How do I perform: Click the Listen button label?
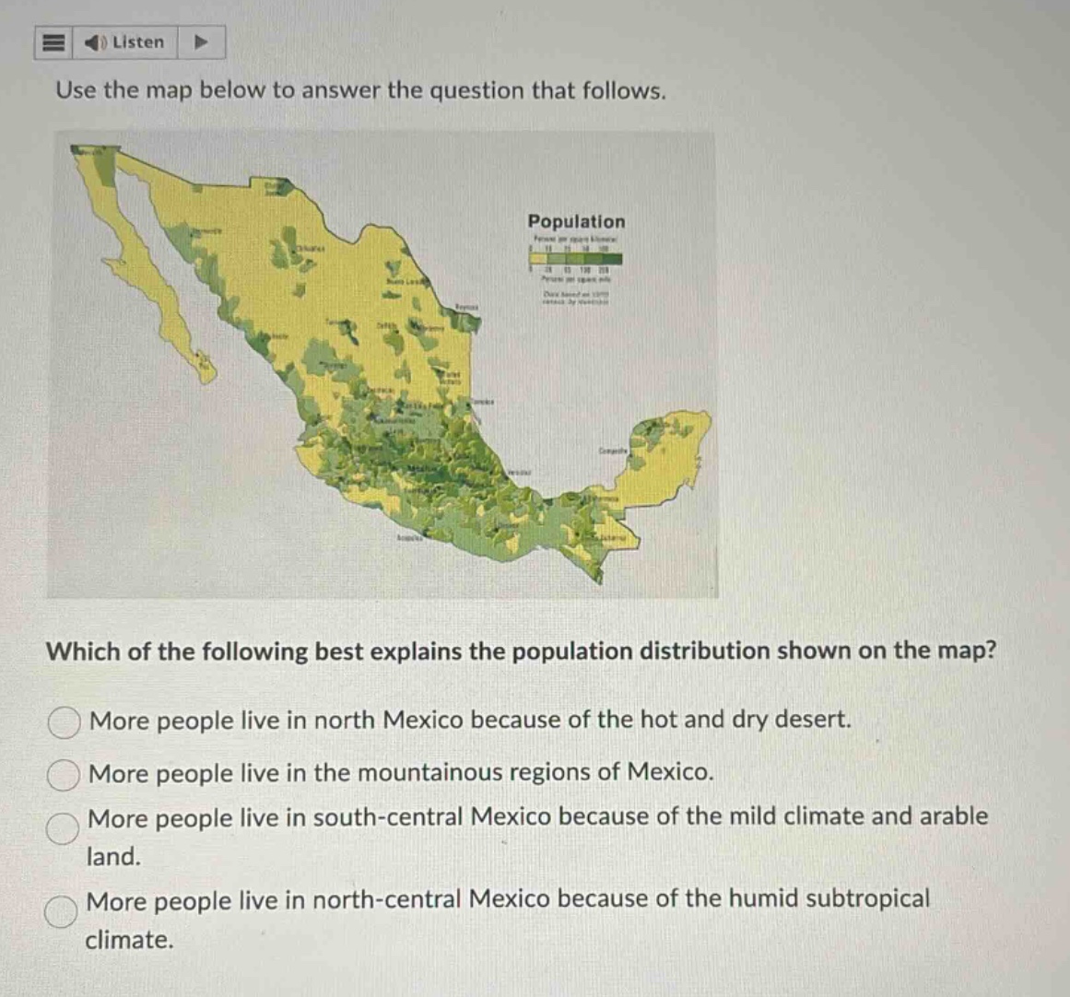coord(138,42)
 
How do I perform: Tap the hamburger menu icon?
coord(53,42)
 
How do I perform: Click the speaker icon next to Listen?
coord(96,42)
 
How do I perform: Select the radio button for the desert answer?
coord(63,723)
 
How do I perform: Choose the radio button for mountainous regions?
coord(63,776)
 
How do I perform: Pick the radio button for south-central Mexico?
coord(63,828)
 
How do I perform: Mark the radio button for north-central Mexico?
coord(63,911)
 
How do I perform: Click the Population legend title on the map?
coord(576,222)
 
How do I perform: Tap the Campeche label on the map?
coord(612,452)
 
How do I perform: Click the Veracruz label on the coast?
coord(519,470)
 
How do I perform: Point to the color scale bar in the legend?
coord(575,260)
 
